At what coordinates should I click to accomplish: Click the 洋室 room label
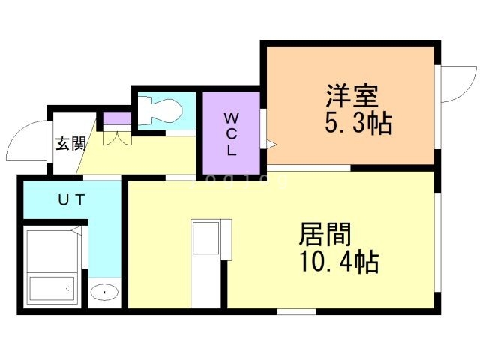point(352,97)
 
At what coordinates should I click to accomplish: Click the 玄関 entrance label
point(70,143)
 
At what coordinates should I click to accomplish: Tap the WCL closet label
point(231,133)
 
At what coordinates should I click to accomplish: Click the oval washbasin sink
point(105,292)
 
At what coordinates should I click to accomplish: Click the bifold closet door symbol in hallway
point(116,138)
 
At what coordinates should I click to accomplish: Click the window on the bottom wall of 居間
point(295,310)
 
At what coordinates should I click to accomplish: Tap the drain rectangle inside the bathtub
point(52,287)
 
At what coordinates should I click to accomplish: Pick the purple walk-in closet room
point(229,133)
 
